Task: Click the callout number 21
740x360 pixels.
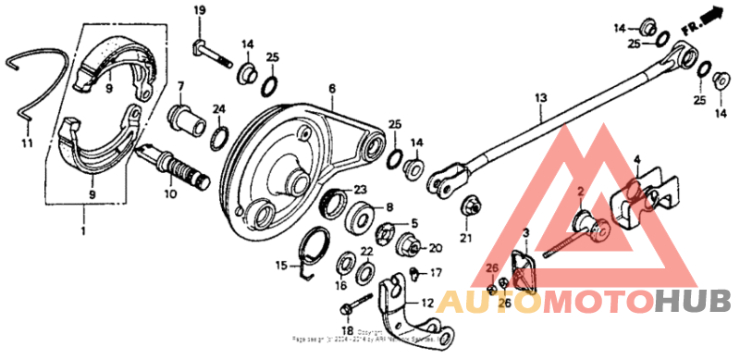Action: (466, 239)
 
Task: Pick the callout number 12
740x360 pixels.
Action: (426, 303)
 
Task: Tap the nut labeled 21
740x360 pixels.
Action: (468, 207)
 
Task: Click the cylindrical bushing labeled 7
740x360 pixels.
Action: (185, 118)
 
